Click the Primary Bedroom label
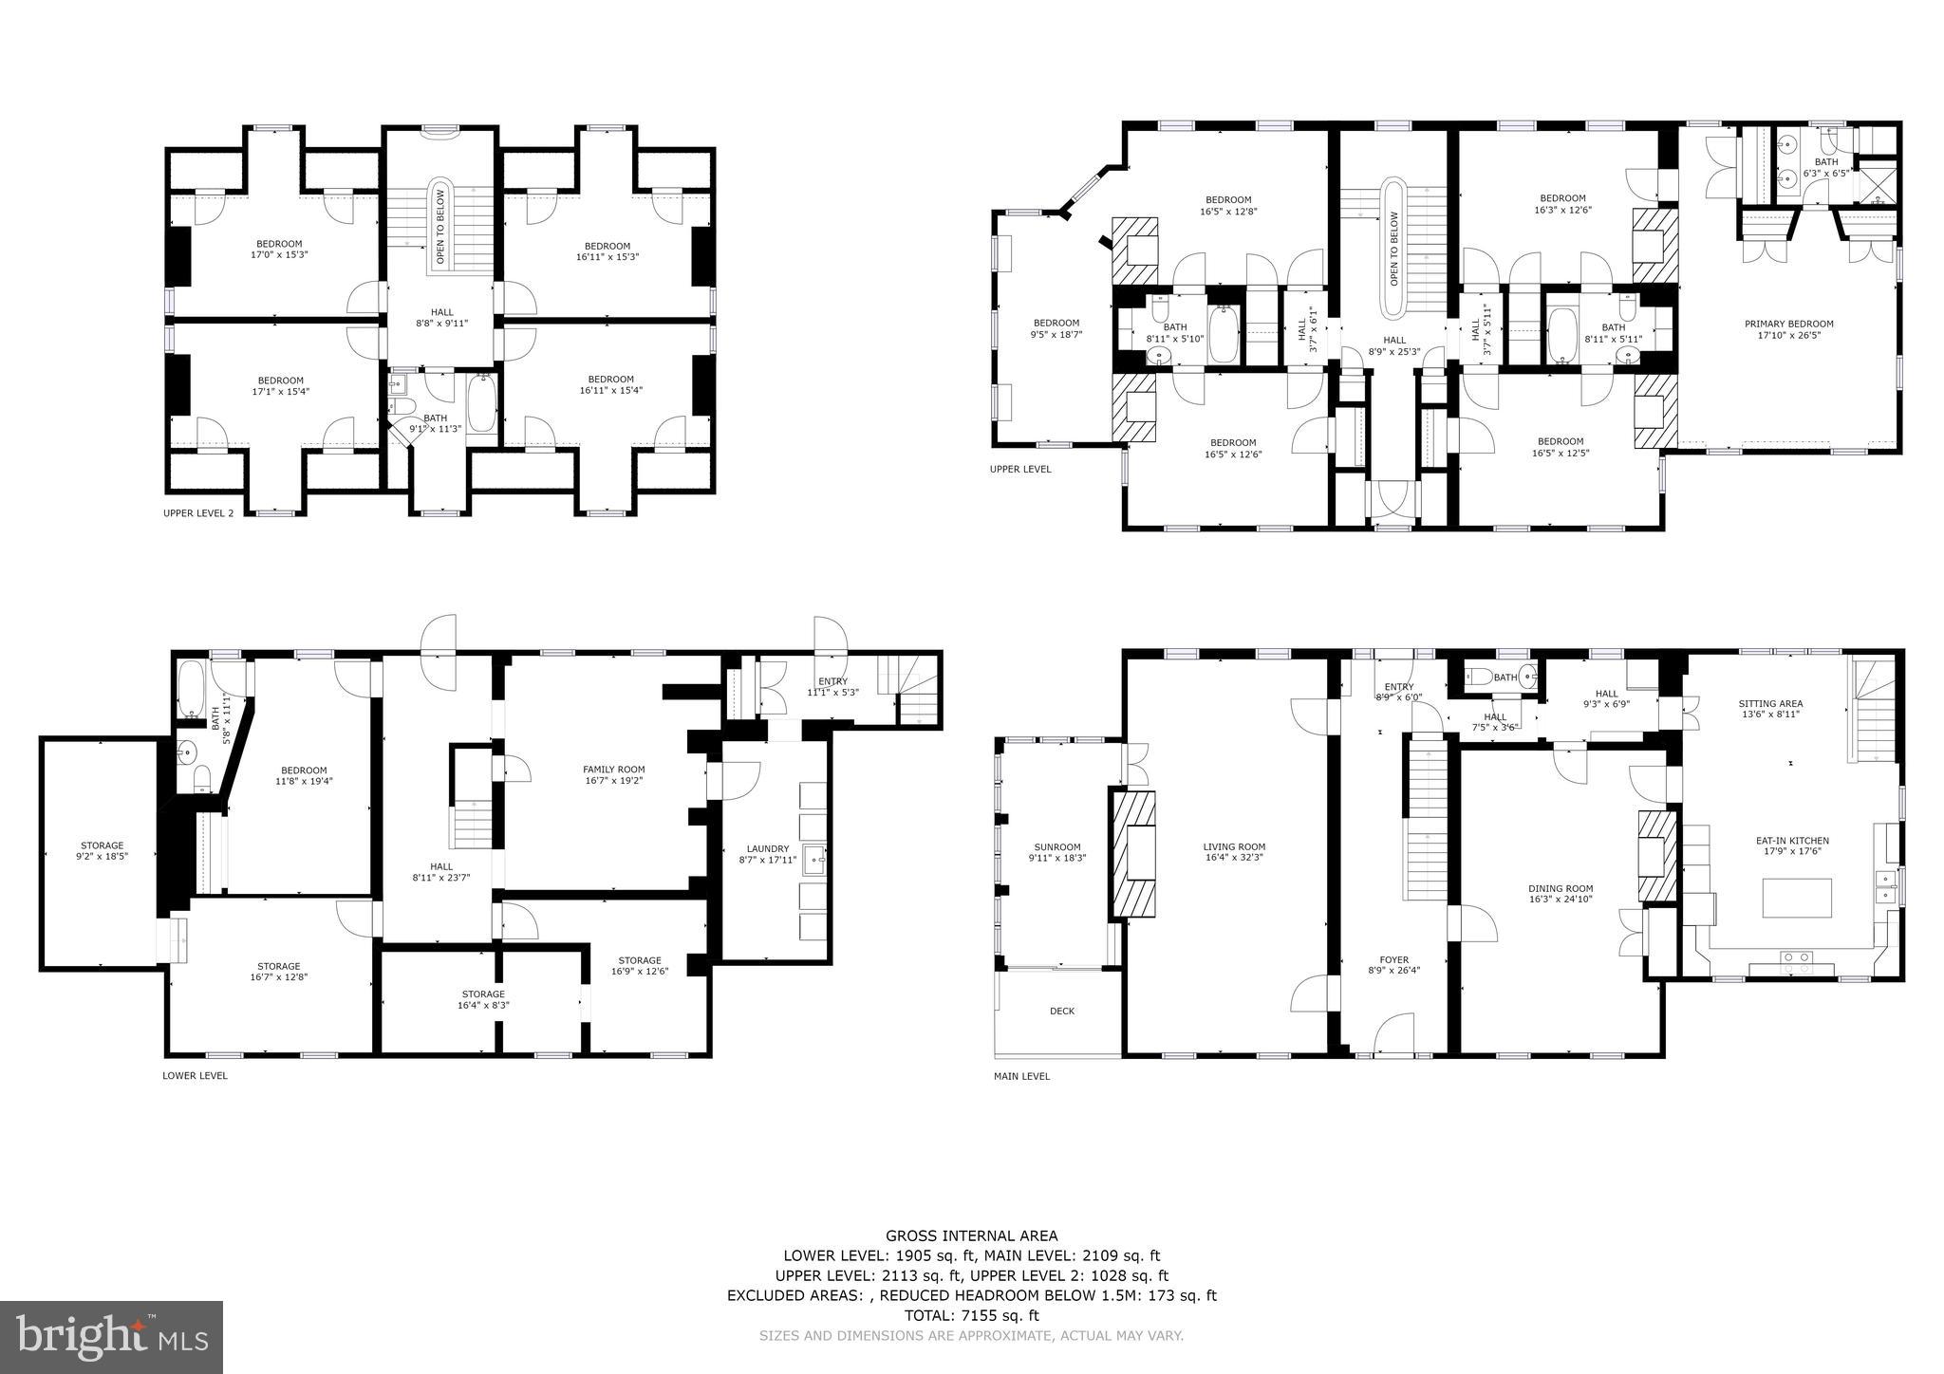coord(1788,324)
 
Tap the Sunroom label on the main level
coord(1056,847)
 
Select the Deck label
coord(1062,1011)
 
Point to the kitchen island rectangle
coord(1797,898)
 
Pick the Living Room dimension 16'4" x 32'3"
coord(1234,857)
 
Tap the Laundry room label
coord(768,848)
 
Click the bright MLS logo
coord(112,1337)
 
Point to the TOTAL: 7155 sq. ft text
coord(971,1315)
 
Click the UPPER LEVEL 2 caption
coord(197,513)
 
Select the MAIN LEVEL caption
coord(1021,1076)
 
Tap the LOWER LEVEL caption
coord(195,1076)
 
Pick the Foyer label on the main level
coord(1393,959)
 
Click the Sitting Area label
coord(1770,704)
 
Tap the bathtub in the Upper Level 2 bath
coord(481,403)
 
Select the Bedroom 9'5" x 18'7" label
coord(1056,323)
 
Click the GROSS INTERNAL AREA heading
coord(971,1235)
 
